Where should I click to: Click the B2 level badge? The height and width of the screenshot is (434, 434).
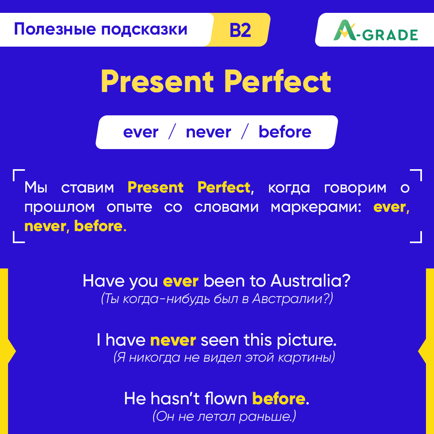pyautogui.click(x=240, y=30)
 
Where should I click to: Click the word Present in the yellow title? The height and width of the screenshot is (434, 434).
pyautogui.click(x=157, y=82)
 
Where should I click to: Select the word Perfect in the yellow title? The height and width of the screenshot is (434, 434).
pyautogui.click(x=278, y=82)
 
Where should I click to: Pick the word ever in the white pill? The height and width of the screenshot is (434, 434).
pyautogui.click(x=141, y=132)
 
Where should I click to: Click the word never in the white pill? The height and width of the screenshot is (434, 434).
pyautogui.click(x=208, y=132)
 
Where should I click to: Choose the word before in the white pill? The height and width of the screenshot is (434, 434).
pyautogui.click(x=285, y=132)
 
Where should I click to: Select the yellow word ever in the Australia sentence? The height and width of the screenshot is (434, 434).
pyautogui.click(x=180, y=281)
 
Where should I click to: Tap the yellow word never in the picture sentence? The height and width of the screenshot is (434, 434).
pyautogui.click(x=173, y=340)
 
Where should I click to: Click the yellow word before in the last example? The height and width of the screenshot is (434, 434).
pyautogui.click(x=278, y=399)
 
